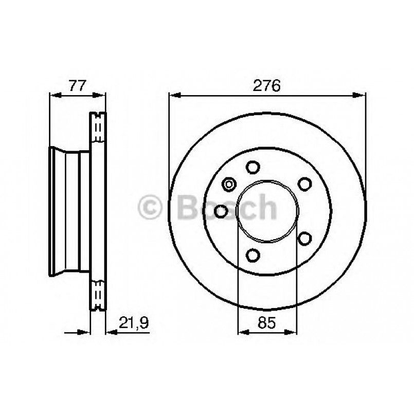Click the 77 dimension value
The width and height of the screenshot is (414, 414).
(x=77, y=85)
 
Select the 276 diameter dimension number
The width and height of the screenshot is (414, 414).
(x=267, y=85)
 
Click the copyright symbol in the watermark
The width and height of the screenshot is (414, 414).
(x=152, y=208)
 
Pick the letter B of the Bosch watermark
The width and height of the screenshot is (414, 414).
(x=187, y=208)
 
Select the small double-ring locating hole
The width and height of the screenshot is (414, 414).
(x=229, y=184)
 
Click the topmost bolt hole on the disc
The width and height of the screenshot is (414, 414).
(x=253, y=167)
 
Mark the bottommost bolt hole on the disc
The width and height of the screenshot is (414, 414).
(x=253, y=255)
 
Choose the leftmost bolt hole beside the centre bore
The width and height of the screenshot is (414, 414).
(x=221, y=211)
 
